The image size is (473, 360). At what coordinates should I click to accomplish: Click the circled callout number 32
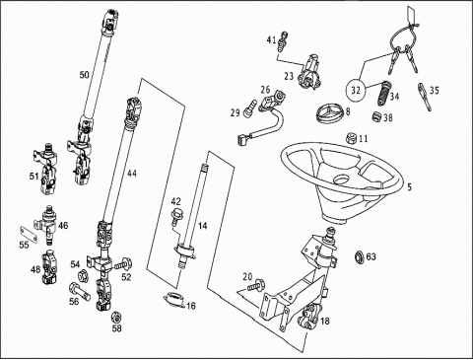[356, 90]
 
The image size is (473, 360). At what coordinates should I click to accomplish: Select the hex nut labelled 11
[352, 138]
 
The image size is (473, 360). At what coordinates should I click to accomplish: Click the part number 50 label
[84, 75]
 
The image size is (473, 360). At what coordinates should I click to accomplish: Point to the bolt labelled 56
[79, 291]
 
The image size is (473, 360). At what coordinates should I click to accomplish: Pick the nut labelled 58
[115, 317]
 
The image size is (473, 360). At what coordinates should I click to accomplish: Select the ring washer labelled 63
[360, 256]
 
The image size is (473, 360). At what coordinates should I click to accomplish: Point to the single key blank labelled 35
[425, 97]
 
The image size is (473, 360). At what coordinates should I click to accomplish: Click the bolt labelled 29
[250, 108]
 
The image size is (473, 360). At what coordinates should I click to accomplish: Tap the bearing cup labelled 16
[174, 300]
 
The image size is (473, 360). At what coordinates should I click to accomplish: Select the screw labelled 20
[256, 284]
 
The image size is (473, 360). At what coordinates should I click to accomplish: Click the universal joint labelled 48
[49, 268]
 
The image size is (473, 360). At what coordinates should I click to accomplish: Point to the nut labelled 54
[82, 275]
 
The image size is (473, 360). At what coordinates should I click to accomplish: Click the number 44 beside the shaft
[132, 174]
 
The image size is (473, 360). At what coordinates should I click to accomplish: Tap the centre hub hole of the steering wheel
[342, 180]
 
